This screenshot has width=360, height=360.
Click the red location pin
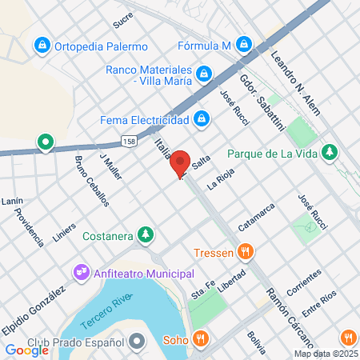[180, 162]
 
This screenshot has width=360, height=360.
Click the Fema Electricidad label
[144, 120]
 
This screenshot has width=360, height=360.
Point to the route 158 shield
[127, 142]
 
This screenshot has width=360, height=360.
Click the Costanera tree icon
[145, 235]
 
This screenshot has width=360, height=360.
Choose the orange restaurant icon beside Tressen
[246, 253]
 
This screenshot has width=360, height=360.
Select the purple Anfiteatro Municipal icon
[82, 274]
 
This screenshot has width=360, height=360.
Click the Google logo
[26, 350]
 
